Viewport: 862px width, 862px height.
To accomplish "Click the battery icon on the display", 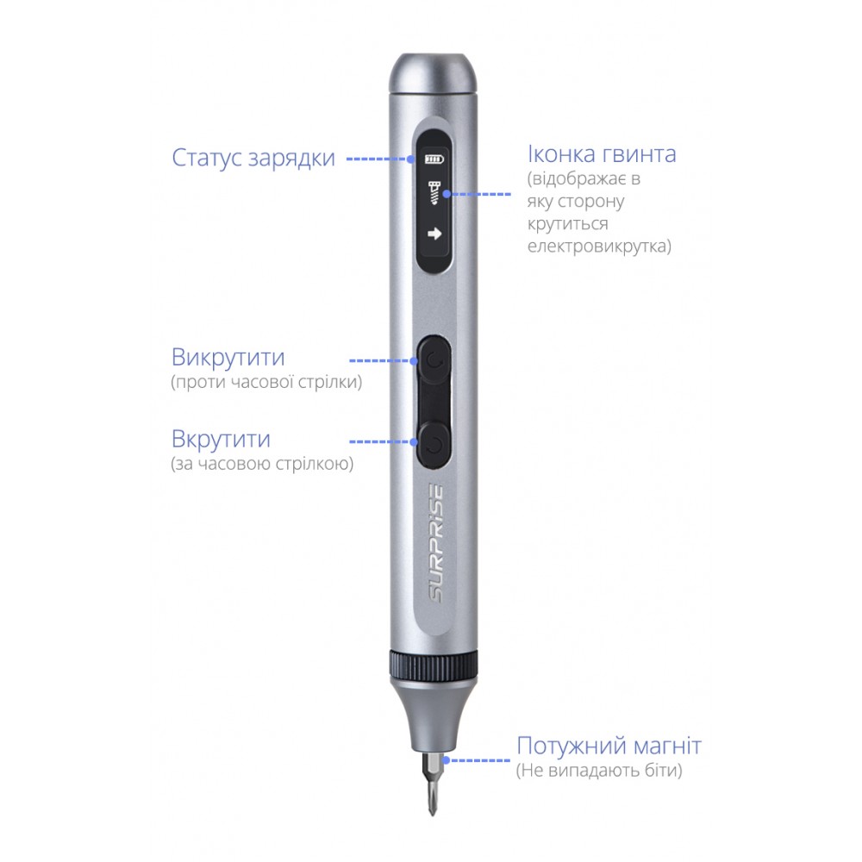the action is tap(434, 159).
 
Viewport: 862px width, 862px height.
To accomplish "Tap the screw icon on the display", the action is tap(434, 193).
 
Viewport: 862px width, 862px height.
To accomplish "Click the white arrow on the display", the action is tap(434, 234).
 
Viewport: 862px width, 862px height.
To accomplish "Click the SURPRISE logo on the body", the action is tap(436, 542).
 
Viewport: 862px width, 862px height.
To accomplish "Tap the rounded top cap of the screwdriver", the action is tap(433, 73).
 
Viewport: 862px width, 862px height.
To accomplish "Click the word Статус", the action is tap(207, 158).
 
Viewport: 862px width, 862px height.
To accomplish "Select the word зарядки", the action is tap(291, 159).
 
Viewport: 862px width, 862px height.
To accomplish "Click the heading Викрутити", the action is tap(228, 358).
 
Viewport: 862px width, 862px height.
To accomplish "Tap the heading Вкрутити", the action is tap(221, 440).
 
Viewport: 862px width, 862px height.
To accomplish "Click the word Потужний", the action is tap(572, 746).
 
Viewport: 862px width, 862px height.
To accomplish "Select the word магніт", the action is tap(667, 746).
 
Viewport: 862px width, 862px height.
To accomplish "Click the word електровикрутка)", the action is tap(599, 246).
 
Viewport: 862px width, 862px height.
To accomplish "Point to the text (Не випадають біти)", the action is tap(599, 770).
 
